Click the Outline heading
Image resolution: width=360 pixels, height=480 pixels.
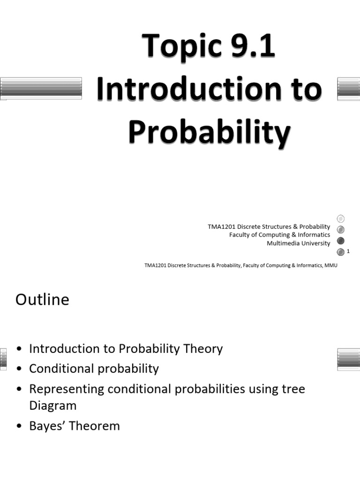pos(42,300)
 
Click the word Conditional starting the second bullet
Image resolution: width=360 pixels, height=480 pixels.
pos(61,368)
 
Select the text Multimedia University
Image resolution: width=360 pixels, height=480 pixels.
pos(298,243)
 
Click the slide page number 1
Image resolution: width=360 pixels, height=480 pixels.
pos(348,252)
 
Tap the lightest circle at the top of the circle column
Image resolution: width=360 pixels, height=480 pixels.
pos(341,218)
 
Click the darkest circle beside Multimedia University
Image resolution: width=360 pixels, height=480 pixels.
pos(341,241)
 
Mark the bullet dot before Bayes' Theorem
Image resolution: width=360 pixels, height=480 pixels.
pos(19,427)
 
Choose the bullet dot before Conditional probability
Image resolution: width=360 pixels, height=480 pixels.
pos(19,369)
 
